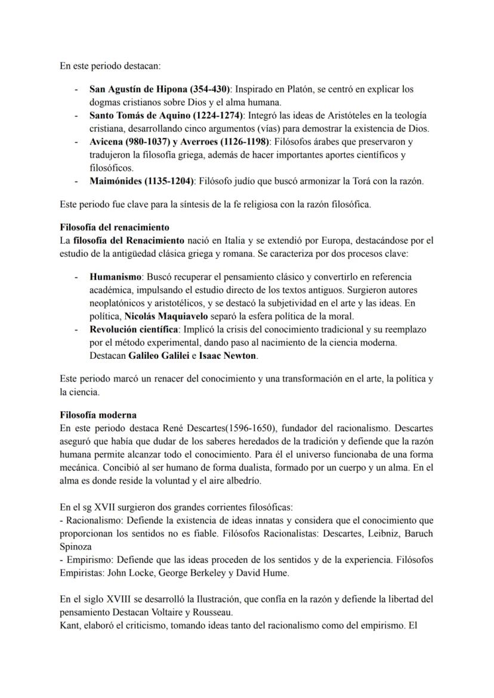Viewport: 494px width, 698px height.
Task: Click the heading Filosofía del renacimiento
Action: [115, 227]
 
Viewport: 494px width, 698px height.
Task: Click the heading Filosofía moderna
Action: [98, 415]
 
